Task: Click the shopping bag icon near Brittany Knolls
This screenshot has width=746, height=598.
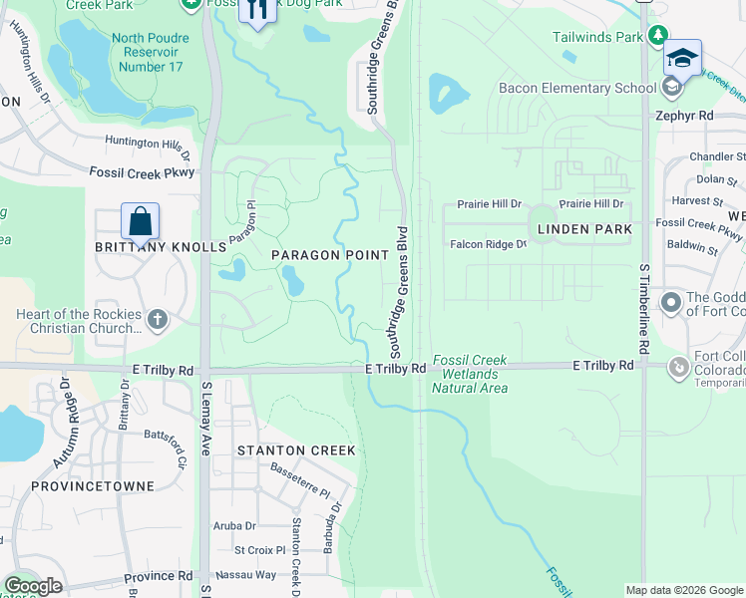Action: (x=141, y=220)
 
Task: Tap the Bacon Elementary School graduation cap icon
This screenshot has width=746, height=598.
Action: (x=683, y=58)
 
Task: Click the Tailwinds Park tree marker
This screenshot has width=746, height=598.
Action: (x=657, y=36)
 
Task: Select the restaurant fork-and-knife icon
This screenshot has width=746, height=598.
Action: (x=258, y=11)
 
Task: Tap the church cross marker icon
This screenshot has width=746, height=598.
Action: (x=156, y=320)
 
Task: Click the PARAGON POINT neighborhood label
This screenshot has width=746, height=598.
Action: (x=330, y=255)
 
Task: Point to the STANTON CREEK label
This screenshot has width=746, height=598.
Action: (x=296, y=450)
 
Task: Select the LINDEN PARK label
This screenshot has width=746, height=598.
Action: (x=584, y=229)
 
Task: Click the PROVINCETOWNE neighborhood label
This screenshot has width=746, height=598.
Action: (x=93, y=486)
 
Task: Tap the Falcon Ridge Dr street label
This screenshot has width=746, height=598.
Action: (x=488, y=244)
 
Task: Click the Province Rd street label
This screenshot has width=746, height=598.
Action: (x=159, y=577)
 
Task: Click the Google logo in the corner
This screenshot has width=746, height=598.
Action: (x=33, y=586)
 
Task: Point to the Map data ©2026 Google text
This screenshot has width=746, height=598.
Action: (x=683, y=590)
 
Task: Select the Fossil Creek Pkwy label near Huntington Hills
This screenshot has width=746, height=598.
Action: (x=142, y=172)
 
